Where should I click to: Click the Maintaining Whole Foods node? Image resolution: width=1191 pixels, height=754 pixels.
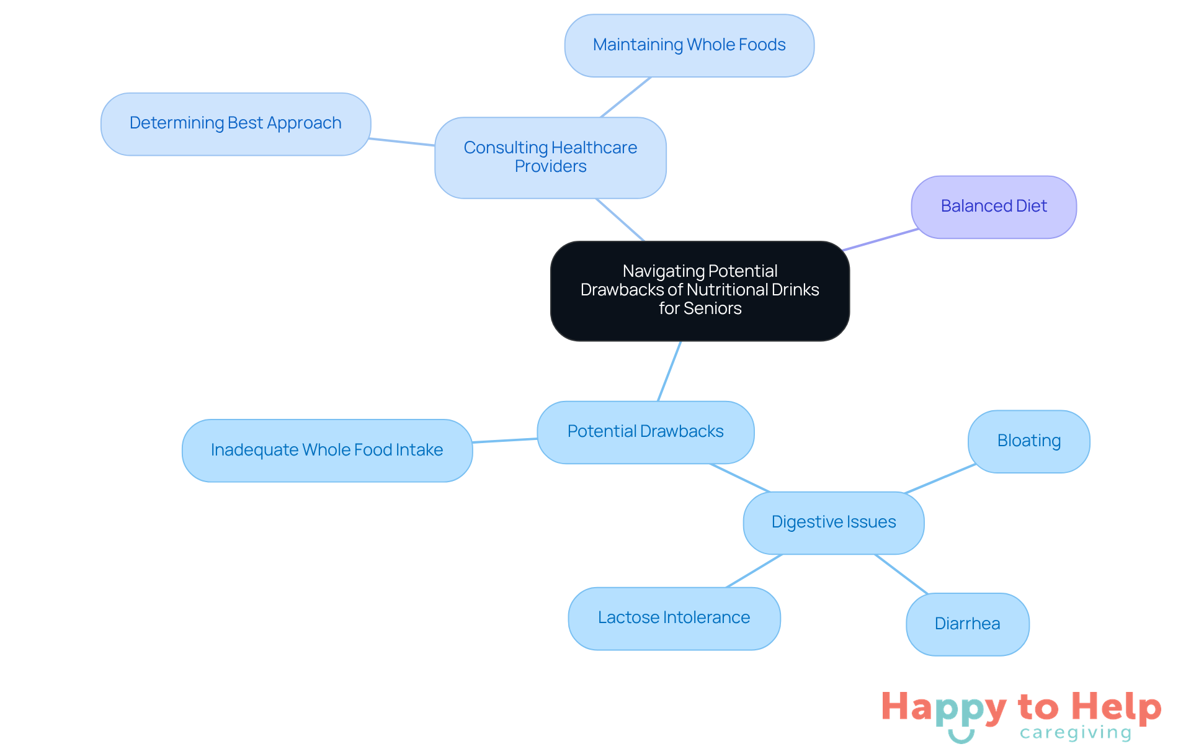(689, 45)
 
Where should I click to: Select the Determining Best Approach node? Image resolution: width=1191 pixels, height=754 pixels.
(236, 123)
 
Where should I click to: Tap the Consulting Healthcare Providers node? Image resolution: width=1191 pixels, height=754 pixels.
(550, 157)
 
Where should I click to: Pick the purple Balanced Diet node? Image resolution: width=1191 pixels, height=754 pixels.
(993, 207)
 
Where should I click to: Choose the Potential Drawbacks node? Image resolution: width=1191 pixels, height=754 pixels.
(645, 431)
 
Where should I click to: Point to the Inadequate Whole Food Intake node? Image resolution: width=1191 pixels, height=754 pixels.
(327, 450)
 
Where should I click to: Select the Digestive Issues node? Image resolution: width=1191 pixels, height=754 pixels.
(833, 522)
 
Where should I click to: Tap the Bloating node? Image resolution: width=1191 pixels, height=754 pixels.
(1028, 441)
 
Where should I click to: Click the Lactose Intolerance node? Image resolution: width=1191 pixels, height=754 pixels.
(674, 618)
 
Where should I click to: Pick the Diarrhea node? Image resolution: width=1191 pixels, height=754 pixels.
(967, 624)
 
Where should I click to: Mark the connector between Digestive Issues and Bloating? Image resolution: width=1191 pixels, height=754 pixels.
(940, 478)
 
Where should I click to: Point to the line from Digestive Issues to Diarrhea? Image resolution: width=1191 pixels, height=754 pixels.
(901, 574)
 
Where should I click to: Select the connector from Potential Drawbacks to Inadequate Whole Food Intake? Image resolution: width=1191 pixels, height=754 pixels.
(505, 441)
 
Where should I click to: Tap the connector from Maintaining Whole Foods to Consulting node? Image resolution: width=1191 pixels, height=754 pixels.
(625, 97)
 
